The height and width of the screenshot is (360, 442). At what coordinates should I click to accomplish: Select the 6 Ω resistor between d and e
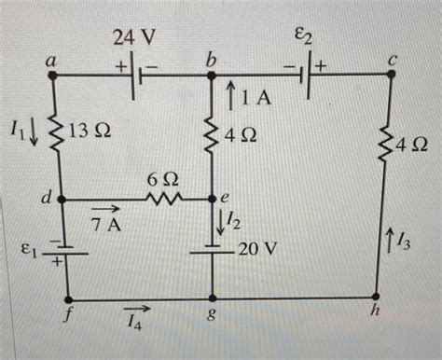pos(164,199)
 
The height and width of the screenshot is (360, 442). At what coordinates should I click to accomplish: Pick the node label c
pos(394,61)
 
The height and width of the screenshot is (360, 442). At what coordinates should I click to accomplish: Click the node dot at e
pos(214,199)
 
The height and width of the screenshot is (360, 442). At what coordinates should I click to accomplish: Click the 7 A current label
pos(106,224)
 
